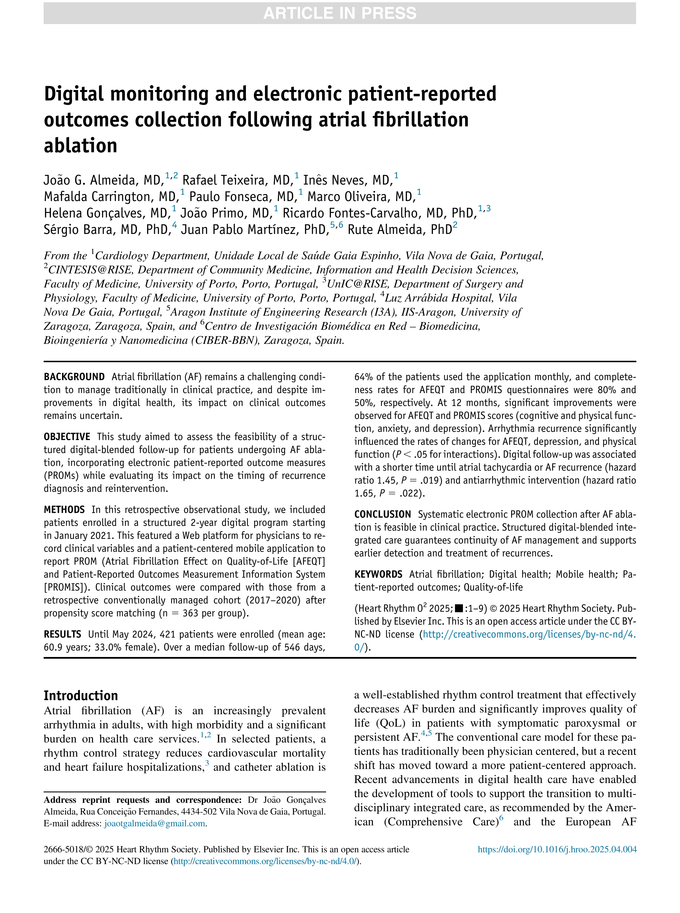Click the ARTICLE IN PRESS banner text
pos(340,13)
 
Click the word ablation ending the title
pos(81,146)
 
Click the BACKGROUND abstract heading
pos(75,377)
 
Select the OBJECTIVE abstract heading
pos(67,437)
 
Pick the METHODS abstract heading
pos(64,510)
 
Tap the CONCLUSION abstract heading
pos(382,514)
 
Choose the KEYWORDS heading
pos(378,574)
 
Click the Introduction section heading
pos(81,696)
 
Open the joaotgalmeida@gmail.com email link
pos(155,823)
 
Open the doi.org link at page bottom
pos(557,849)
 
